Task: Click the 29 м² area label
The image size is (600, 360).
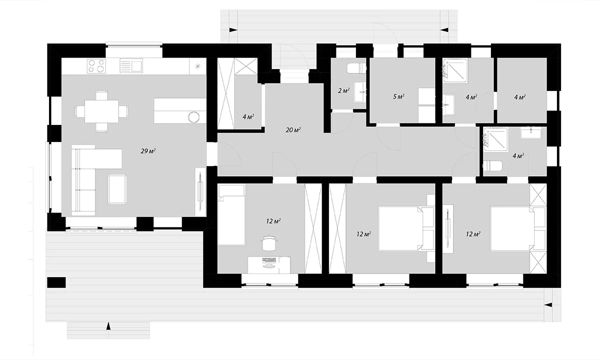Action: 148,151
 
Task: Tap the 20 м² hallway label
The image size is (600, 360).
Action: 293,130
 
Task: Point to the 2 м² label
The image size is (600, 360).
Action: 343,91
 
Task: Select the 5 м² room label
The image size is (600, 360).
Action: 398,96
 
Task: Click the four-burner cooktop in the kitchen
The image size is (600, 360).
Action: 96,66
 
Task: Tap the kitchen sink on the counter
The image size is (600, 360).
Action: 131,66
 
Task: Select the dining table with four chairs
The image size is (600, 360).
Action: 101,111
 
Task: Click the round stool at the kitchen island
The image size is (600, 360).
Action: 193,117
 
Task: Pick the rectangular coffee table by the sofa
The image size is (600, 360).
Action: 117,189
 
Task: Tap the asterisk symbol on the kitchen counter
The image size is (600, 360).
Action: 197,66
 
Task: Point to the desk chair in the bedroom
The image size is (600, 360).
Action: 268,242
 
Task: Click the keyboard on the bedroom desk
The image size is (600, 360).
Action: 269,260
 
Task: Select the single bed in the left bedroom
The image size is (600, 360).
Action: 231,215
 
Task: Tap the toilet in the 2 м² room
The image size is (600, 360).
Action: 356,68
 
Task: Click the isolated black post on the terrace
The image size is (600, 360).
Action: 56,282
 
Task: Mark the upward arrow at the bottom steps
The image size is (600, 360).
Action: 108,326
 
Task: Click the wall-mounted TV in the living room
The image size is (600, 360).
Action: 200,191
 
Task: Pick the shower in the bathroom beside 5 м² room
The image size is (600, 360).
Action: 455,70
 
